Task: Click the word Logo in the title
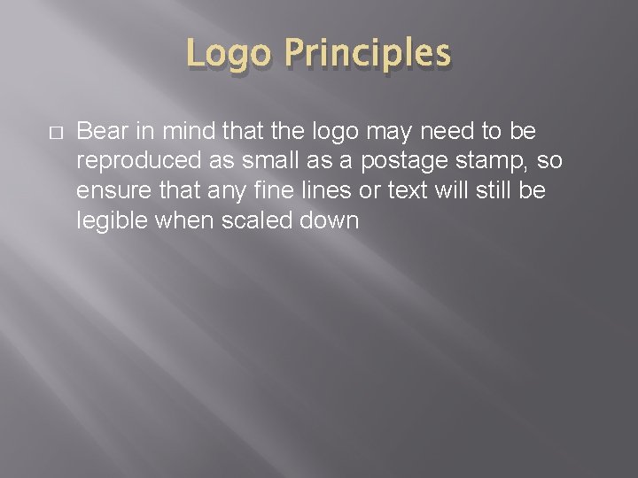228,55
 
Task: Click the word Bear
104,132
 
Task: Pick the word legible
113,221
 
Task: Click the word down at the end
330,221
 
